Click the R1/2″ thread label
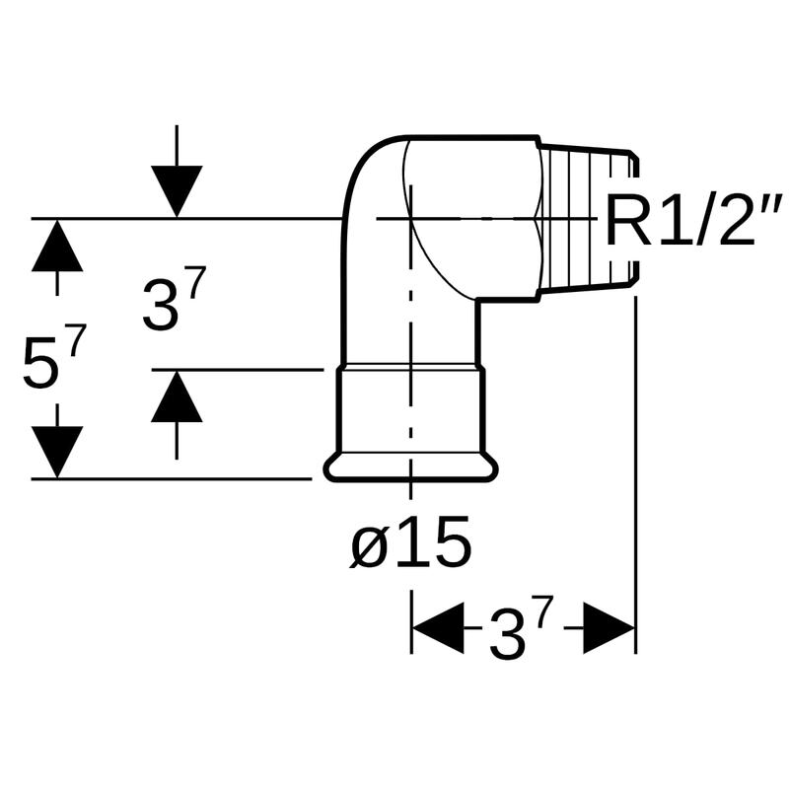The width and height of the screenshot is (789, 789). [x=692, y=221]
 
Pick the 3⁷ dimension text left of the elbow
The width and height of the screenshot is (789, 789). [x=174, y=302]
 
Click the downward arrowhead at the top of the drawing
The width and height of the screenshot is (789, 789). [x=177, y=190]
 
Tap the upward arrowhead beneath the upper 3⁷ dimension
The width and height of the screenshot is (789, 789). [x=177, y=397]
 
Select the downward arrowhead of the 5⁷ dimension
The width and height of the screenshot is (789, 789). [x=56, y=453]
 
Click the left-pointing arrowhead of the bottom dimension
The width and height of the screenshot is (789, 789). [x=437, y=629]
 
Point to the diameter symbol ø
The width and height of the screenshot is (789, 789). [x=369, y=548]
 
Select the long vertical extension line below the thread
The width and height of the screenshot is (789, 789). [x=636, y=473]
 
